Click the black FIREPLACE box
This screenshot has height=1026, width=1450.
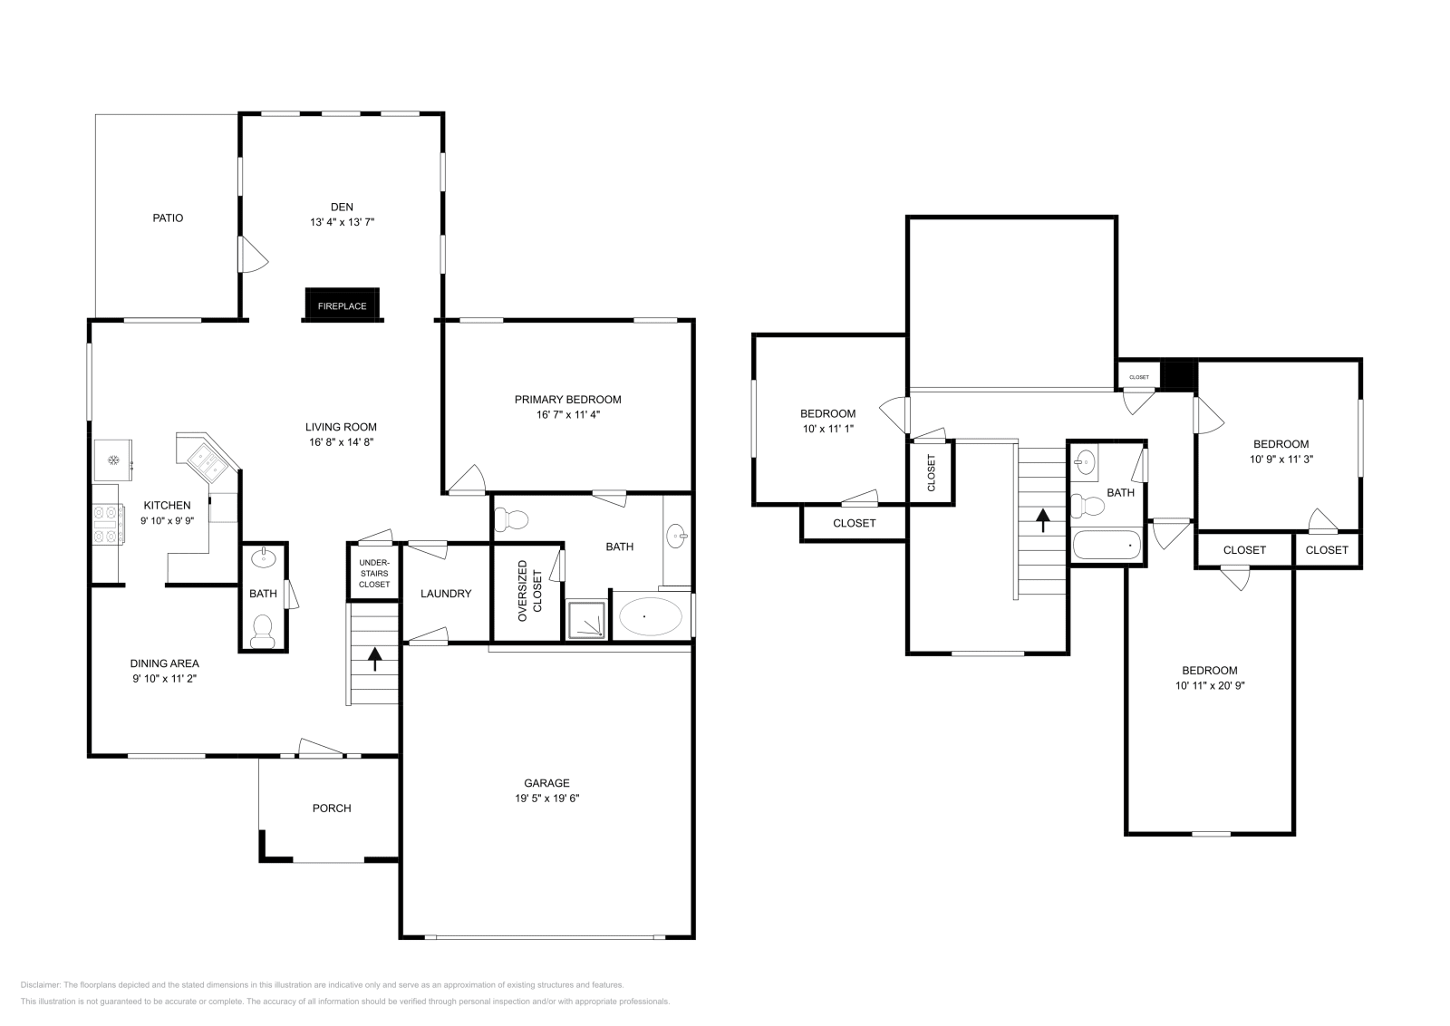click(342, 305)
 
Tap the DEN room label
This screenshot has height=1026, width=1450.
click(342, 208)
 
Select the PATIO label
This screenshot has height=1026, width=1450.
click(168, 218)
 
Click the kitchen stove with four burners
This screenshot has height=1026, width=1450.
click(108, 525)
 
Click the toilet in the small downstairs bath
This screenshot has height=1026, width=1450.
click(263, 631)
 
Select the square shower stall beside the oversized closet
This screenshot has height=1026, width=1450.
click(586, 619)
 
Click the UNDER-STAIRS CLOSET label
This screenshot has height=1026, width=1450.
click(374, 574)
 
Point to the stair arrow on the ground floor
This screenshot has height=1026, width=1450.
click(375, 659)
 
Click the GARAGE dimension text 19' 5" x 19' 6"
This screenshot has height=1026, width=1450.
click(546, 799)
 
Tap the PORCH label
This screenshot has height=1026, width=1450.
click(332, 808)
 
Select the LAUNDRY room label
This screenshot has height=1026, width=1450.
click(446, 594)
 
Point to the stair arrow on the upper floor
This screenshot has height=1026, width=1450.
click(1042, 519)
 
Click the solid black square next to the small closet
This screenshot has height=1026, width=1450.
click(1179, 374)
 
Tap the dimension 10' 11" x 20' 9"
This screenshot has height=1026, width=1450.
click(1209, 686)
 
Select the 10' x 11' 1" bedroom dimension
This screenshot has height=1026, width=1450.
click(827, 429)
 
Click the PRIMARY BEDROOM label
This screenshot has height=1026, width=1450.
click(567, 399)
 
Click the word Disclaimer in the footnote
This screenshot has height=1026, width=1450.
click(40, 984)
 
